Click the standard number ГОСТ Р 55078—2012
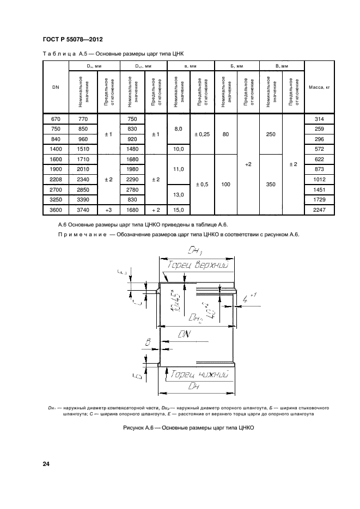pos(72,40)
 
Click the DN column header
pos(56,88)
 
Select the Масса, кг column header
pos(320,88)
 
